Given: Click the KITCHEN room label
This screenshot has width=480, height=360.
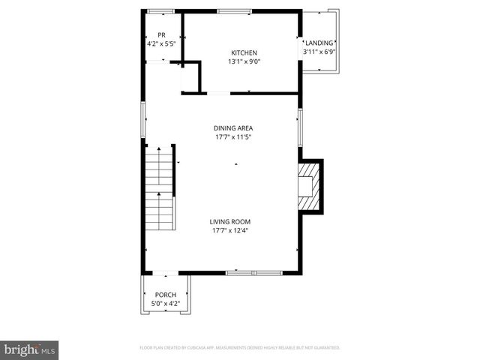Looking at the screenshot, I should (243, 52).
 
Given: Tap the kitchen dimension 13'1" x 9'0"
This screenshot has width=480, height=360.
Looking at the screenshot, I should (243, 61).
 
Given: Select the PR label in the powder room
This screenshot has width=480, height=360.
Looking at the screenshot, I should (160, 35).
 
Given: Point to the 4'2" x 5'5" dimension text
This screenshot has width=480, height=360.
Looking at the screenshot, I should (160, 43).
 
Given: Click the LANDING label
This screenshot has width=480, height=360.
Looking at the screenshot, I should (318, 43).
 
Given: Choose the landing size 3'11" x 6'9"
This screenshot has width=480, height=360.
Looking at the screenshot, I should (318, 52).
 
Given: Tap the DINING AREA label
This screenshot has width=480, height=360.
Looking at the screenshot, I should (233, 128).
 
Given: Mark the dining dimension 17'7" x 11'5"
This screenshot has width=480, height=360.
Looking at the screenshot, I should (233, 137).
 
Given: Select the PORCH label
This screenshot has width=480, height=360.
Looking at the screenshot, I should (165, 295).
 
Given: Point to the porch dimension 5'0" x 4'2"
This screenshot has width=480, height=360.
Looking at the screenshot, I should (165, 304).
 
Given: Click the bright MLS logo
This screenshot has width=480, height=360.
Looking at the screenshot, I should (30, 349).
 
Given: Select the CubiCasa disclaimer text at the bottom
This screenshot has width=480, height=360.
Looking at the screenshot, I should (240, 348).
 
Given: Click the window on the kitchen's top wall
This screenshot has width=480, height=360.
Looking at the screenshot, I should (235, 11).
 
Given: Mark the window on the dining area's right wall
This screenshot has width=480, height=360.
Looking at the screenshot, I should (299, 125).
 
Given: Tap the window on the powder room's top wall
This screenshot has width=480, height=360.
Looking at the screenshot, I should (160, 11).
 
